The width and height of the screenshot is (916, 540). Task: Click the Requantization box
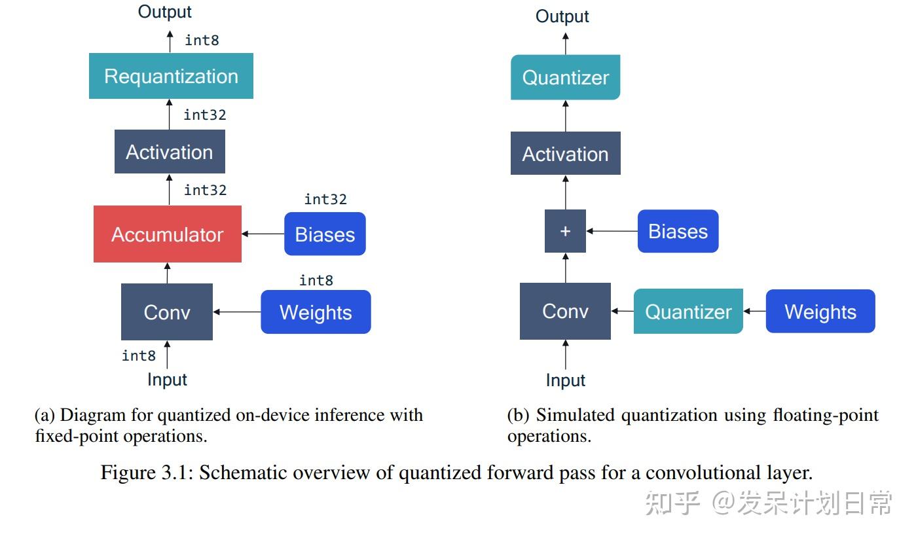[x=171, y=76]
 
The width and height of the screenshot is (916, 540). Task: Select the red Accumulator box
[x=168, y=234]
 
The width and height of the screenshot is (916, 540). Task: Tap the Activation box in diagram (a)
[x=170, y=152]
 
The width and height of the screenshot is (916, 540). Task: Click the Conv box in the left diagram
[x=167, y=312]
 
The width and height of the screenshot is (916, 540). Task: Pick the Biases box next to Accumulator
[x=325, y=234]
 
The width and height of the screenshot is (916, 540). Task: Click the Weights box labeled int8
[x=316, y=312]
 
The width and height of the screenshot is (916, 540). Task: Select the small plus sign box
[x=565, y=231]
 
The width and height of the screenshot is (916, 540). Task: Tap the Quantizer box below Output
[x=565, y=77]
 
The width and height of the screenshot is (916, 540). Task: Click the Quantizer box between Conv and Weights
[x=688, y=312]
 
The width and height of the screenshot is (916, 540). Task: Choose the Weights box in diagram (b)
[x=820, y=312]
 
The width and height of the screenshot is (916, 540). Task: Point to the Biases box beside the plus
[x=678, y=231]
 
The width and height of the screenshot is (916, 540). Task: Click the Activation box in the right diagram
[x=565, y=154]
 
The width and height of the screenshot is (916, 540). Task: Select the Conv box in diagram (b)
[x=565, y=311]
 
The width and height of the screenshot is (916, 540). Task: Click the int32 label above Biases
[x=325, y=199]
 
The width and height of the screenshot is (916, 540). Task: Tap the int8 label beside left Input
[x=139, y=355]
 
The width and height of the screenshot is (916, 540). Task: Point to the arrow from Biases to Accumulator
[x=263, y=234]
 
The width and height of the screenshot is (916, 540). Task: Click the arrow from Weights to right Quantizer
[x=754, y=312]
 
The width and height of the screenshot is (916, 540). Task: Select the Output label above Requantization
[x=165, y=12]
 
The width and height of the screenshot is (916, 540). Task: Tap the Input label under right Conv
[x=566, y=380]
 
